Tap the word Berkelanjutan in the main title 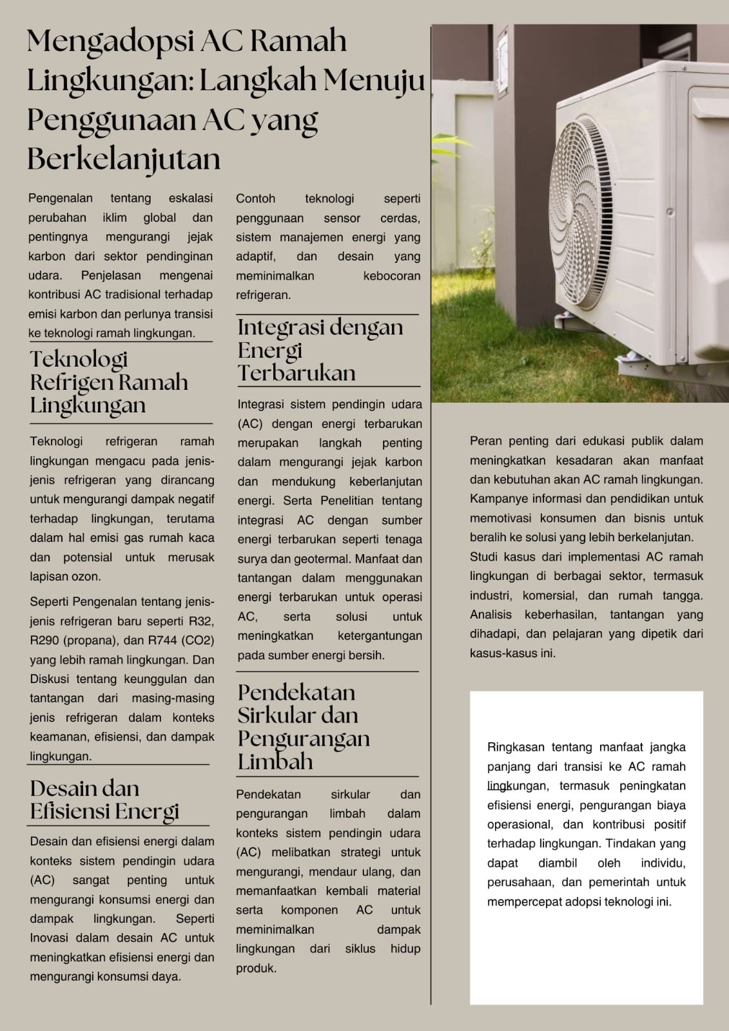point(124,159)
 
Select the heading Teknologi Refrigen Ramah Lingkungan point(109,382)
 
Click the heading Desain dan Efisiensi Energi point(104,800)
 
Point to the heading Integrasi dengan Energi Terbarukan point(320,350)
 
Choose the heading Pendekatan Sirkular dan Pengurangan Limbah point(304,726)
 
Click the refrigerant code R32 point(200,621)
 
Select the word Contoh point(255,198)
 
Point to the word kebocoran point(391,276)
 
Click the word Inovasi point(50,938)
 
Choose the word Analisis point(491,615)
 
